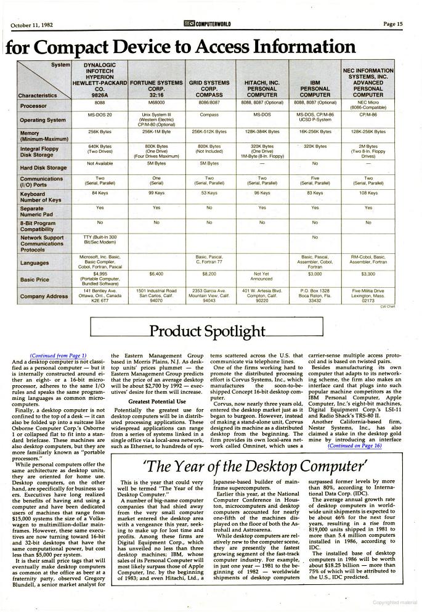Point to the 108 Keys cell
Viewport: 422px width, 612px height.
[368, 193]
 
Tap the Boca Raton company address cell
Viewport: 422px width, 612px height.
[315, 296]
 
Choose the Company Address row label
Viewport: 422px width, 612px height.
[44, 296]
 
